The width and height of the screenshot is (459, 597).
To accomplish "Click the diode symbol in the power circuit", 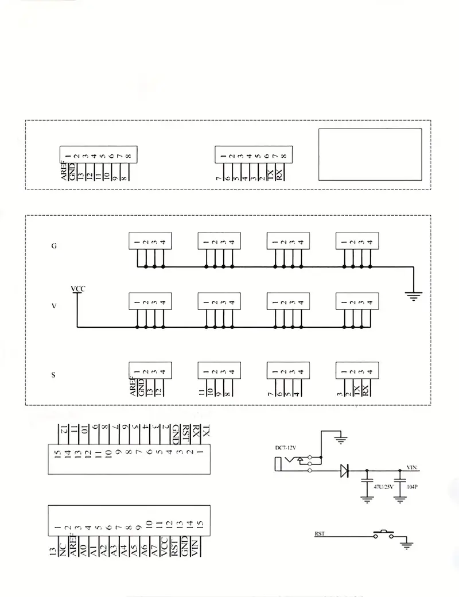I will [x=344, y=471].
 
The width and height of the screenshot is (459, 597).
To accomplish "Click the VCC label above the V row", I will [x=77, y=289].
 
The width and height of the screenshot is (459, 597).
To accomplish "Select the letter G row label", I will [x=54, y=246].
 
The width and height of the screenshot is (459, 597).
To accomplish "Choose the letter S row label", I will [x=54, y=375].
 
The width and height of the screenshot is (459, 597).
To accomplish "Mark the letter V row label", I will [x=54, y=307].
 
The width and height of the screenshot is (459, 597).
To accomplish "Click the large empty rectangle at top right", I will [x=370, y=153].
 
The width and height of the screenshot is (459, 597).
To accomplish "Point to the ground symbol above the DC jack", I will [x=341, y=440].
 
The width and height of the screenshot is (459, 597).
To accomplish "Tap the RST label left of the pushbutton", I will [x=320, y=534].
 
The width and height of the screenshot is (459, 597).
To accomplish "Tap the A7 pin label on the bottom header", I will [x=154, y=549].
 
